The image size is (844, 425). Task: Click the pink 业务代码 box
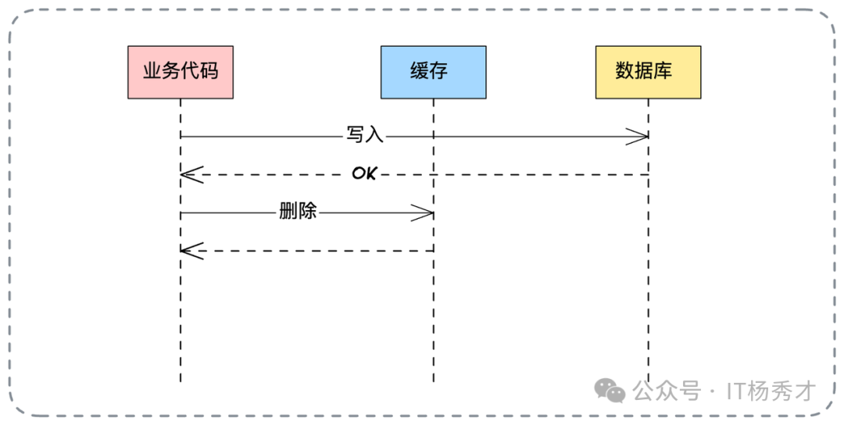pos(181,72)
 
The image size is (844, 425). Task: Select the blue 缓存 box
pos(433,72)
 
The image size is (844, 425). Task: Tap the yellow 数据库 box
pos(648,72)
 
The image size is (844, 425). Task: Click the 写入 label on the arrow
pos(365,135)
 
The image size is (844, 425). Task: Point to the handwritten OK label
pos(363,173)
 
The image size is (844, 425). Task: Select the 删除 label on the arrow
pos(298,212)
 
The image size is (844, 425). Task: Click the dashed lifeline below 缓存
pos(433,312)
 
